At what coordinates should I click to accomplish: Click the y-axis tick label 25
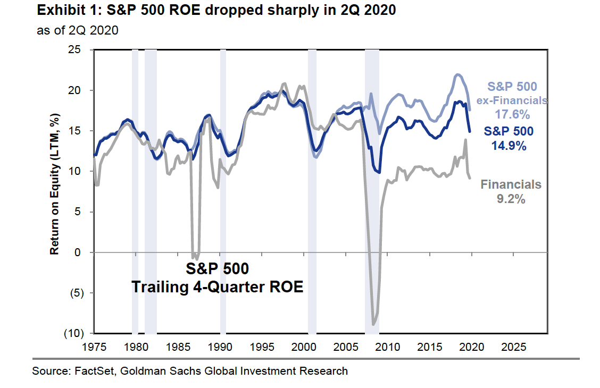pos(81,50)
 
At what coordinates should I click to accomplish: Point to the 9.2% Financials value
pos(511,199)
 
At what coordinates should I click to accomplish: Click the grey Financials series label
pos(511,185)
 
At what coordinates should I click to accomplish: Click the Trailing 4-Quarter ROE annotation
pos(217,287)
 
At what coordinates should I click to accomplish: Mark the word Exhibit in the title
pos(56,10)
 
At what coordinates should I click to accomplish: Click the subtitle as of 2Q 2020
pos(77,30)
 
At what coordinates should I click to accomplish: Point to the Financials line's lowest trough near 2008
pos(373,324)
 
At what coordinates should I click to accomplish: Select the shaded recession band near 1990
pos(223,191)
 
